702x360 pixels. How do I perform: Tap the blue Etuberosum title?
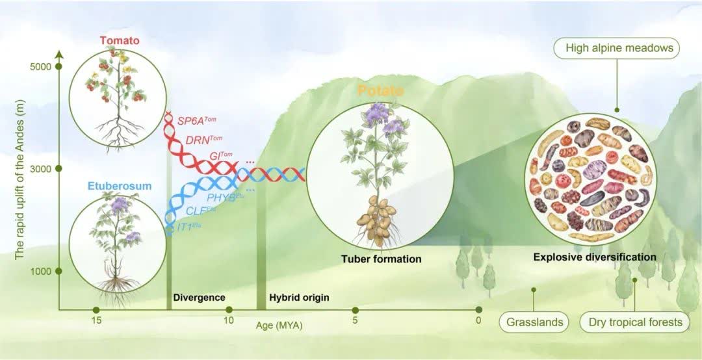114,186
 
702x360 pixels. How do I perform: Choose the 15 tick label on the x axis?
96,320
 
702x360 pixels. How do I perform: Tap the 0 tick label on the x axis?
478,320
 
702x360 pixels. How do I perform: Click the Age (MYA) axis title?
279,326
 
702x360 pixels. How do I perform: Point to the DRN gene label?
203,139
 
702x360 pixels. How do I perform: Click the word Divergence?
199,298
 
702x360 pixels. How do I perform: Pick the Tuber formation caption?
381,259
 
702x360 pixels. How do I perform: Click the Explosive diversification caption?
595,257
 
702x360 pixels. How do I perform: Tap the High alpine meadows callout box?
617,48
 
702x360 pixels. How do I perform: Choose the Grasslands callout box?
534,322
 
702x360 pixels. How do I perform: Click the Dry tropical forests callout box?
635,322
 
